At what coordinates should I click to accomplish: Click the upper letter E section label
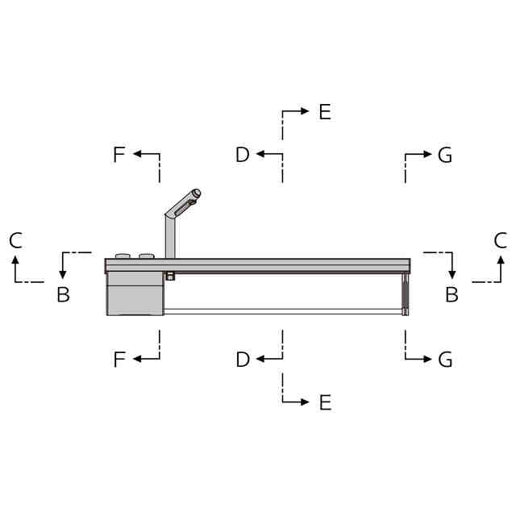point(325,112)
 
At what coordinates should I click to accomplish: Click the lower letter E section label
point(325,402)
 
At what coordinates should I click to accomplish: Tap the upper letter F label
point(119,154)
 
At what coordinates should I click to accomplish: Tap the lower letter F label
point(119,360)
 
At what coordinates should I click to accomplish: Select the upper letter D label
point(243,154)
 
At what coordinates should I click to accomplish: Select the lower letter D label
point(243,360)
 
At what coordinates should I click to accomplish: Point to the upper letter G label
point(445,155)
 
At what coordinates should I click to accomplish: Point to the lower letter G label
point(445,360)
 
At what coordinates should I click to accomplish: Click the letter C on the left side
point(16,240)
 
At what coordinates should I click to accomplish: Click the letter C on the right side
point(500,240)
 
